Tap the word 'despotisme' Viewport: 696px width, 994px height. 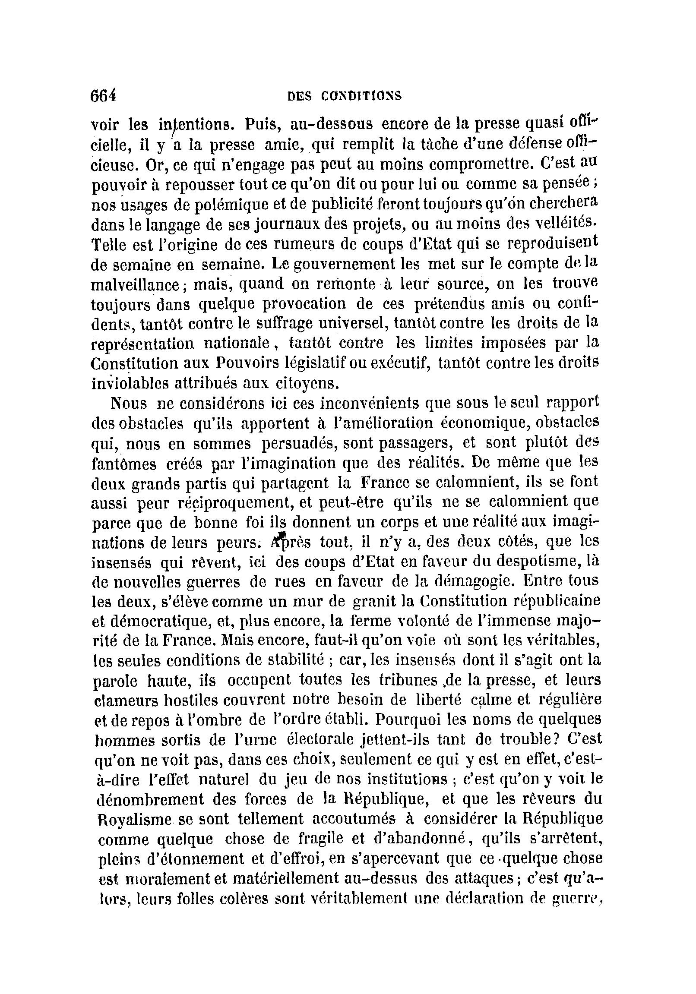click(534, 562)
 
